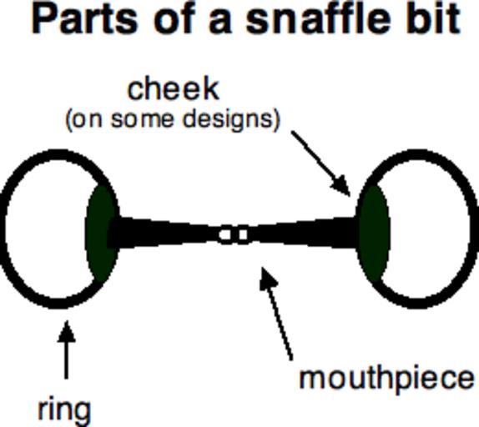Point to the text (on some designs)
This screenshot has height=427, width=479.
coord(173,120)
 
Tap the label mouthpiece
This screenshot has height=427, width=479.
coord(387,379)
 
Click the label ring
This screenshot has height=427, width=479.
coord(64,410)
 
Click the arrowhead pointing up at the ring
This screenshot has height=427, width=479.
coord(66,331)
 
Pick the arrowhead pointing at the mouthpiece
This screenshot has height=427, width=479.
coord(267,277)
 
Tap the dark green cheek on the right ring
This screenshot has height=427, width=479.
coord(373,233)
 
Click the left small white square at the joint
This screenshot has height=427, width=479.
coord(225,234)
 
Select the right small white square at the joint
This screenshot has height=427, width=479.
coord(243,234)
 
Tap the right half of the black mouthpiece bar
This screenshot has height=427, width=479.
coord(302,234)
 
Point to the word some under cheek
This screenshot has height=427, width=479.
coord(144,120)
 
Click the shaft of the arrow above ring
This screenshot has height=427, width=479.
coord(66,360)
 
